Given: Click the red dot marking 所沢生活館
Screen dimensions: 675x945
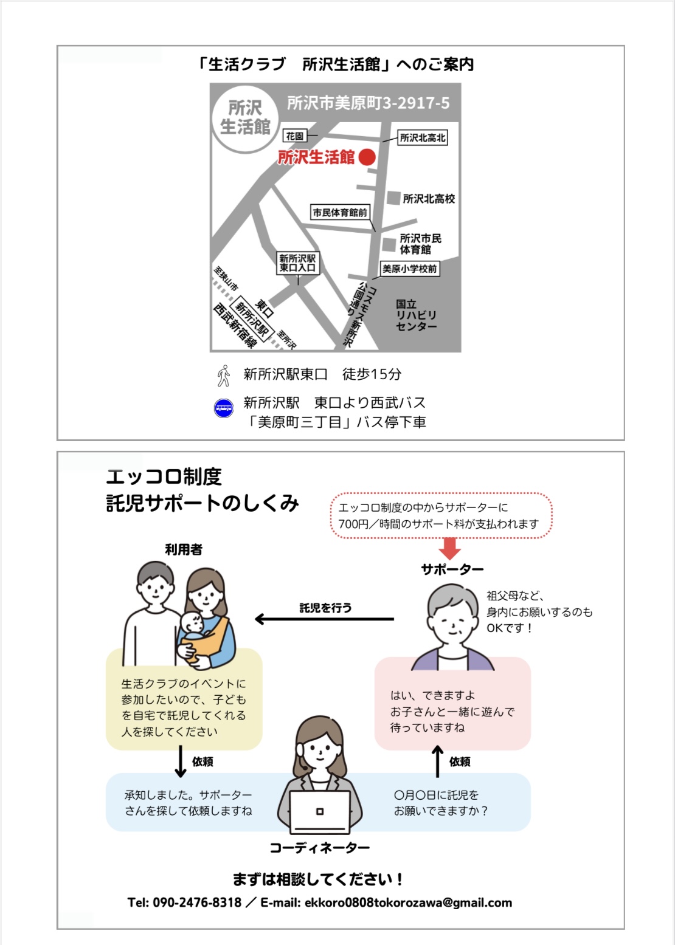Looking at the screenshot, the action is pyautogui.click(x=367, y=157).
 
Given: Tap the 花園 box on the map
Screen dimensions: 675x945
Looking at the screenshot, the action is pyautogui.click(x=295, y=136).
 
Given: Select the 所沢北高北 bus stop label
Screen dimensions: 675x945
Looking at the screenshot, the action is pyautogui.click(x=423, y=137).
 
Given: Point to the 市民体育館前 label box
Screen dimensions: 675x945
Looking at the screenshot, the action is pyautogui.click(x=341, y=212).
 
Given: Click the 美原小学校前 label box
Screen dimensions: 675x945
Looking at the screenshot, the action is pyautogui.click(x=409, y=269).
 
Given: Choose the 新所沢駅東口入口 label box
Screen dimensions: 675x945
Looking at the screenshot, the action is pyautogui.click(x=297, y=263).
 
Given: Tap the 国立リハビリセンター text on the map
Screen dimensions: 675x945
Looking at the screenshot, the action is pyautogui.click(x=416, y=315).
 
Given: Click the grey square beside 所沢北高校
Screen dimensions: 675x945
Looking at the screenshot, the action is pyautogui.click(x=393, y=198).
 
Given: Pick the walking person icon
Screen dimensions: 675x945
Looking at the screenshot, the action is pyautogui.click(x=224, y=376).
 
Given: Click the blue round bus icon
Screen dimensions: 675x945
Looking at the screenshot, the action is pyautogui.click(x=224, y=408).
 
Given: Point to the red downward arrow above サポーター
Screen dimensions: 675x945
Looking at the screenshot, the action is pyautogui.click(x=449, y=548).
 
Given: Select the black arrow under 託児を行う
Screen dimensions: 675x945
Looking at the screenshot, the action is pyautogui.click(x=325, y=619).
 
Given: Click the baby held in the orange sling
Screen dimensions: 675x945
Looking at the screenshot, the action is pyautogui.click(x=194, y=626).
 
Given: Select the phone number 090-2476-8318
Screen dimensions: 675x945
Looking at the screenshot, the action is pyautogui.click(x=196, y=902).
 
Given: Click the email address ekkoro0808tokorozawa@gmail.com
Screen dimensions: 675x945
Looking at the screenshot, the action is pyautogui.click(x=408, y=902).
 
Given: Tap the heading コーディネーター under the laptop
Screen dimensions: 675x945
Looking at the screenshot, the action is pyautogui.click(x=319, y=848).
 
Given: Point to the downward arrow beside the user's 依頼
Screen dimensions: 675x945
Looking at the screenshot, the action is pyautogui.click(x=180, y=761).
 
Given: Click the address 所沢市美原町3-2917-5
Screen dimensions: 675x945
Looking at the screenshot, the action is pyautogui.click(x=369, y=103).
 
